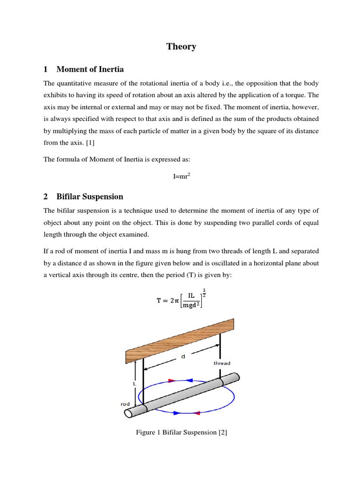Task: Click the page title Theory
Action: coord(181,46)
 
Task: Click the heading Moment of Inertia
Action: coord(90,69)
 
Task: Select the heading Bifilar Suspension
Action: coord(89,197)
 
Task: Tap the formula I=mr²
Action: coord(181,176)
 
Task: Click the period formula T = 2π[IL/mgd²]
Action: coord(181,300)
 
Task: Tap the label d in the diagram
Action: coord(183,357)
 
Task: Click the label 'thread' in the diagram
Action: coord(222,363)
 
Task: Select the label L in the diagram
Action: coord(134,384)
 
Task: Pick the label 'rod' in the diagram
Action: coord(125,404)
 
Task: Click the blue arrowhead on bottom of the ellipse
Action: coord(176,413)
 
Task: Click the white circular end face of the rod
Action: coord(129,413)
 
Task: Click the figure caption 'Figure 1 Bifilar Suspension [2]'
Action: coord(181,432)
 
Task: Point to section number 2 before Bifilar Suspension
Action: coord(46,197)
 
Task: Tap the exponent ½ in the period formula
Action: coord(204,292)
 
